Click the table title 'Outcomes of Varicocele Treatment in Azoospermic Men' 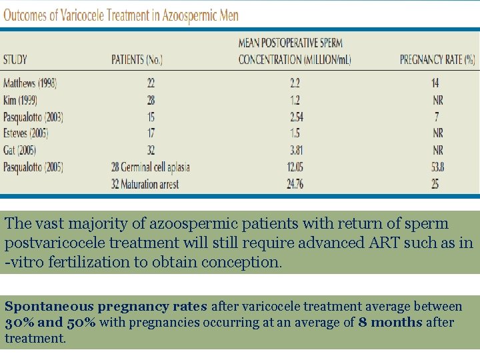pyautogui.click(x=121, y=15)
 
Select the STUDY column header pyautogui.click(x=15, y=59)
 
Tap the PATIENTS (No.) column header pyautogui.click(x=137, y=59)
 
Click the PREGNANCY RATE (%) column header pyautogui.click(x=437, y=59)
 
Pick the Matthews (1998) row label pyautogui.click(x=30, y=83)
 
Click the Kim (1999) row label pyautogui.click(x=20, y=100)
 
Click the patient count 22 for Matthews pyautogui.click(x=151, y=83)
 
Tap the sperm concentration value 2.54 pyautogui.click(x=295, y=117)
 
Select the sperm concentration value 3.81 pyautogui.click(x=295, y=150)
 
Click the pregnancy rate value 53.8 pyautogui.click(x=435, y=167)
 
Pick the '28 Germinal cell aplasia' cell pyautogui.click(x=151, y=167)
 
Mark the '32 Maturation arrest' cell pyautogui.click(x=145, y=184)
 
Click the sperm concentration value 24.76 pyautogui.click(x=295, y=184)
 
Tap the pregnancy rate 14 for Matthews pyautogui.click(x=435, y=83)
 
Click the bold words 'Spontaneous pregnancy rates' pyautogui.click(x=106, y=307)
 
